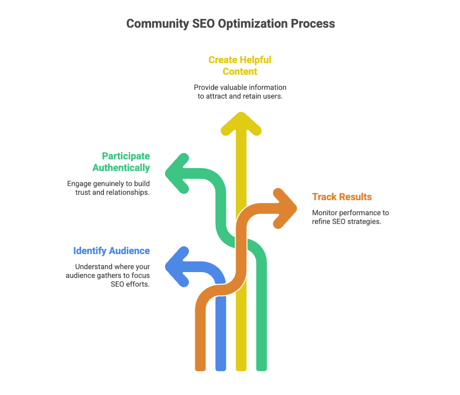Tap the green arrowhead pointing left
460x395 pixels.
(176, 172)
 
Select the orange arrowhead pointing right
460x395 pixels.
(287, 208)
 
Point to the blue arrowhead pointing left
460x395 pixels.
(176, 266)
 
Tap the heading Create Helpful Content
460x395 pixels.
(240, 66)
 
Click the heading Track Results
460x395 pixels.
(342, 197)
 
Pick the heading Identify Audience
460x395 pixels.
(111, 251)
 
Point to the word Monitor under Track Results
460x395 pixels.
(325, 213)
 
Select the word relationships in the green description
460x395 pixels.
(125, 193)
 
